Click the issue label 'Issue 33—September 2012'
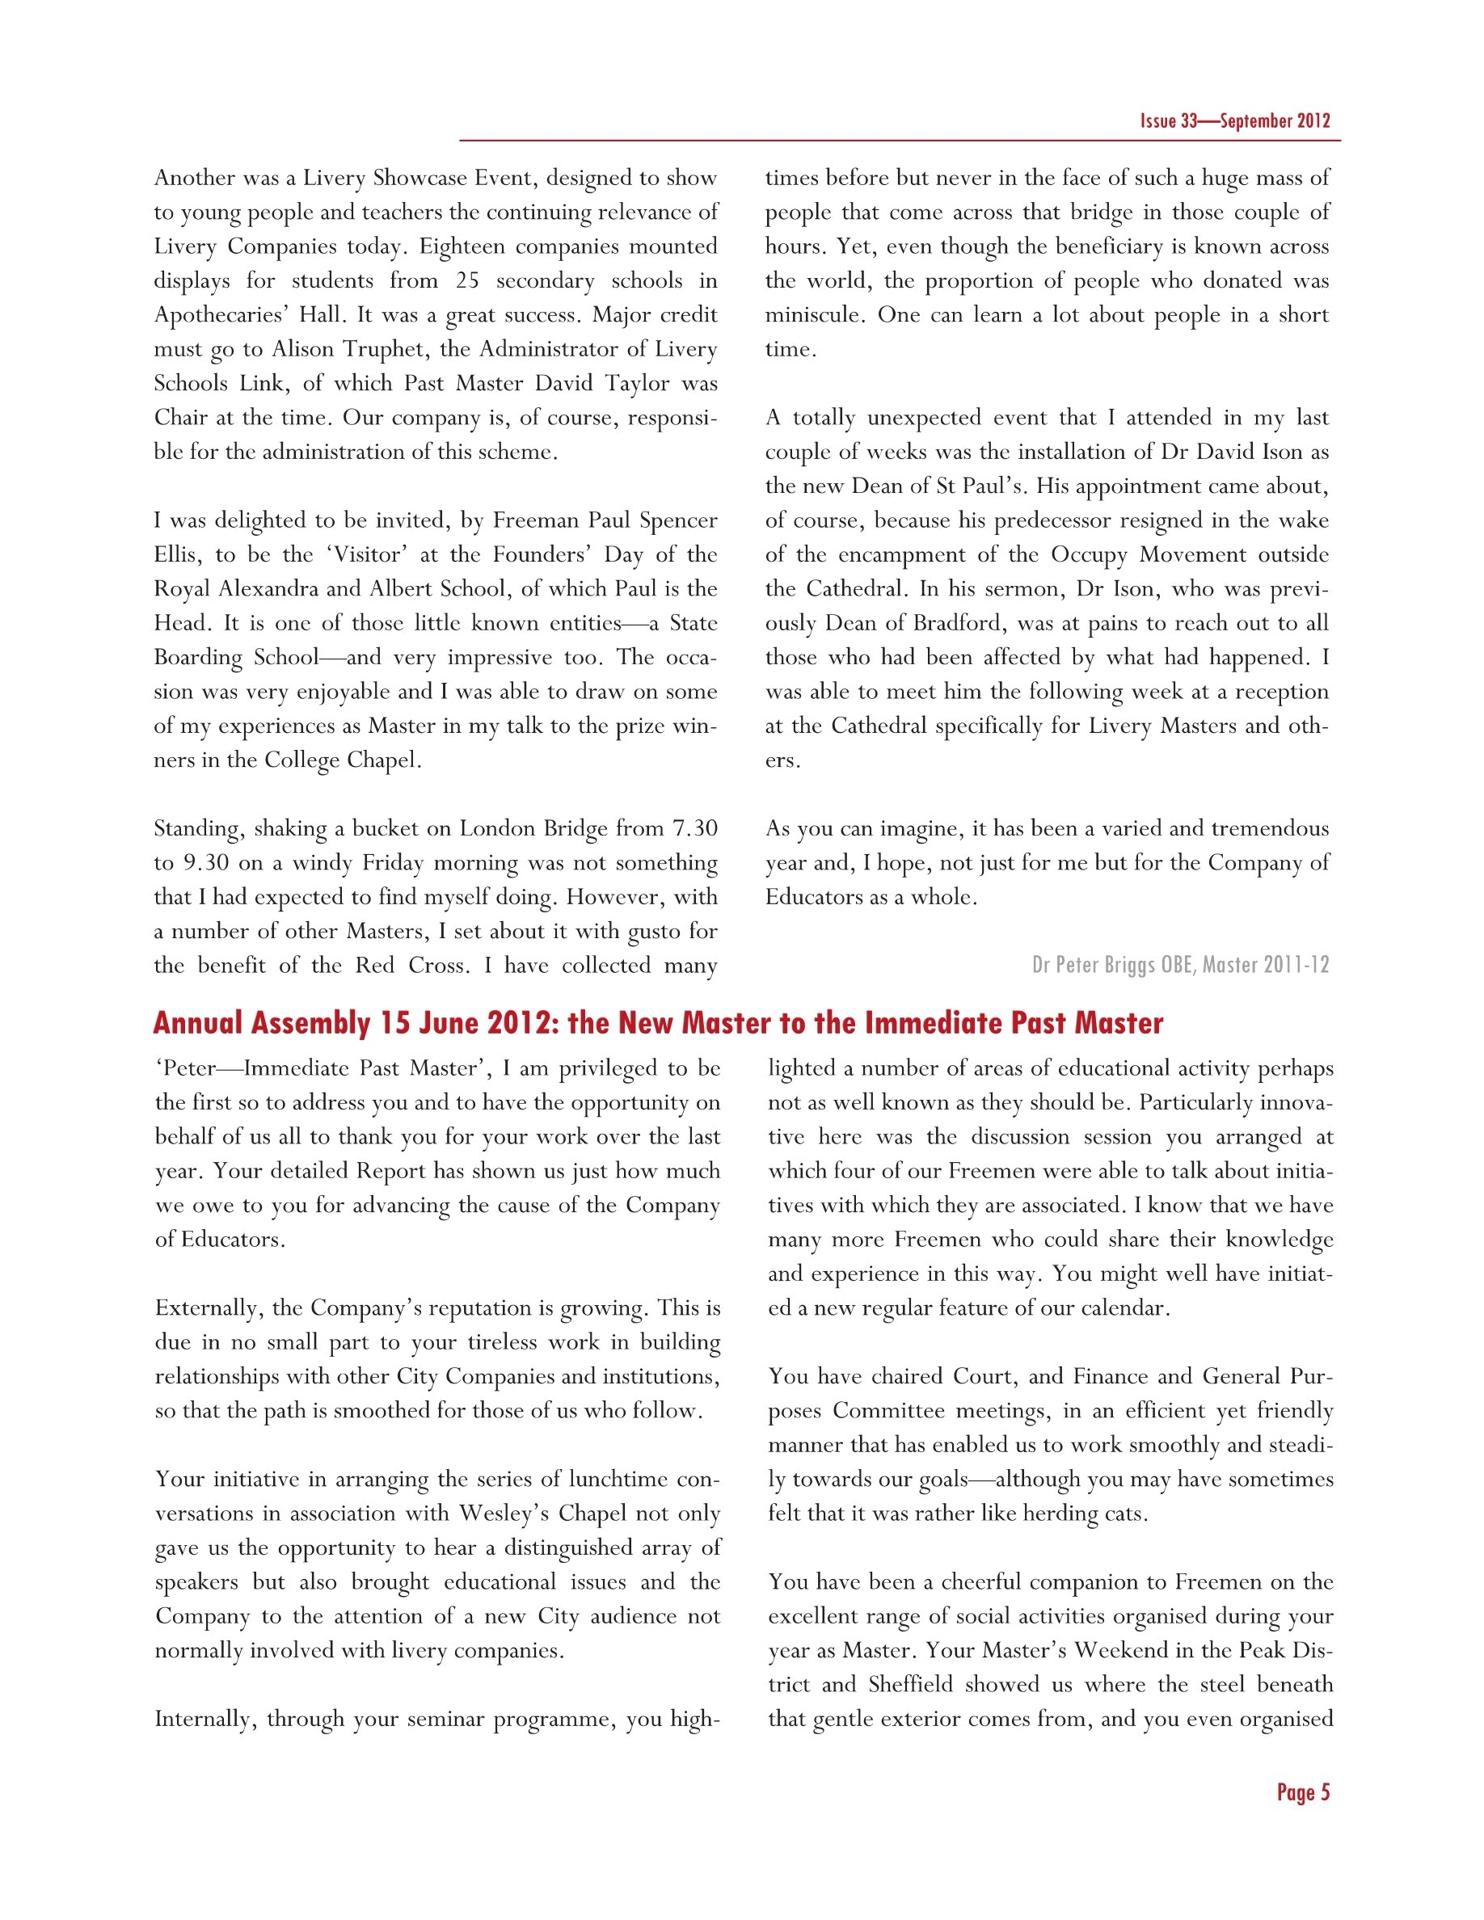[1234, 121]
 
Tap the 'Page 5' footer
[1303, 1792]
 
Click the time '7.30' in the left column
[694, 829]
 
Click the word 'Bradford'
[959, 623]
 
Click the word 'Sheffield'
[910, 1684]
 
